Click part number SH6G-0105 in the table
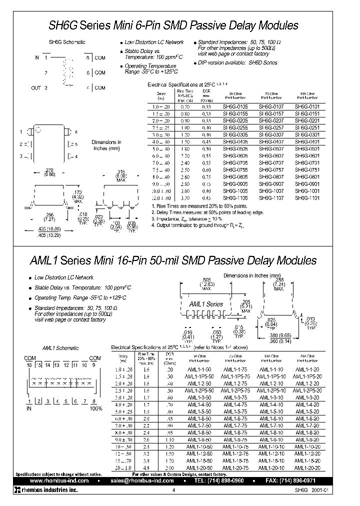[x=234, y=106]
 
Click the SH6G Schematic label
[x=66, y=42]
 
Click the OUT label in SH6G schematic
[x=35, y=88]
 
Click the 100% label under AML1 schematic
[x=95, y=408]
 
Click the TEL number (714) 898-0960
[x=234, y=480]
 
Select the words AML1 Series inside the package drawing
[x=206, y=304]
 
